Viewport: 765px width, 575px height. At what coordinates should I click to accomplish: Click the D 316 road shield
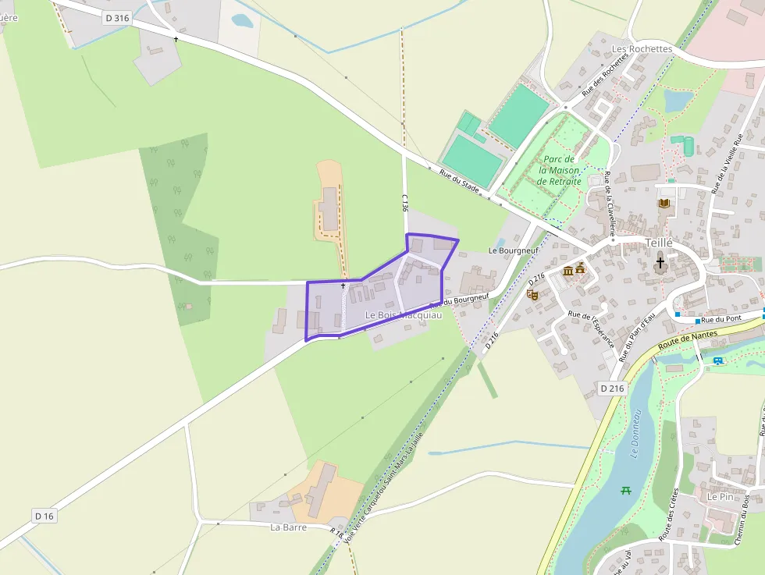(x=116, y=18)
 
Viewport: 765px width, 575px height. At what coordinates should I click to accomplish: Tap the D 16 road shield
(x=45, y=516)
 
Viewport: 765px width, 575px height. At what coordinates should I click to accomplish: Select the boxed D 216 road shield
(x=613, y=388)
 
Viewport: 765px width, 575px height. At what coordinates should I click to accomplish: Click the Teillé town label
(x=660, y=243)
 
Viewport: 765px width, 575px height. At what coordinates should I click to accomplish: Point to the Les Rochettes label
(x=642, y=49)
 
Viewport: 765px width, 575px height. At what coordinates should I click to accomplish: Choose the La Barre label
(x=288, y=527)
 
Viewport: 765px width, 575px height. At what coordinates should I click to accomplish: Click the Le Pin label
(x=721, y=496)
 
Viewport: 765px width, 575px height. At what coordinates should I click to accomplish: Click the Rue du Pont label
(x=719, y=320)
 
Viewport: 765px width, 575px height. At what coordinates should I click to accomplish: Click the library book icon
(x=664, y=204)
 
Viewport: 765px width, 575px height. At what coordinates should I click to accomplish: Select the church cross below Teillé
(x=660, y=264)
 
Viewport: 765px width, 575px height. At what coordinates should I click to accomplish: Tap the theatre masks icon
(x=533, y=294)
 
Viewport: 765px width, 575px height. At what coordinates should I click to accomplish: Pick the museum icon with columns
(x=568, y=271)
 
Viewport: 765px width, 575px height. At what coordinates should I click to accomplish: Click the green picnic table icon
(x=625, y=490)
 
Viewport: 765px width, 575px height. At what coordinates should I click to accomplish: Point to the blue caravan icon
(x=717, y=360)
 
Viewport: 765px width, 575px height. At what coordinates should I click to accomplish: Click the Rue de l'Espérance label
(x=594, y=329)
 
